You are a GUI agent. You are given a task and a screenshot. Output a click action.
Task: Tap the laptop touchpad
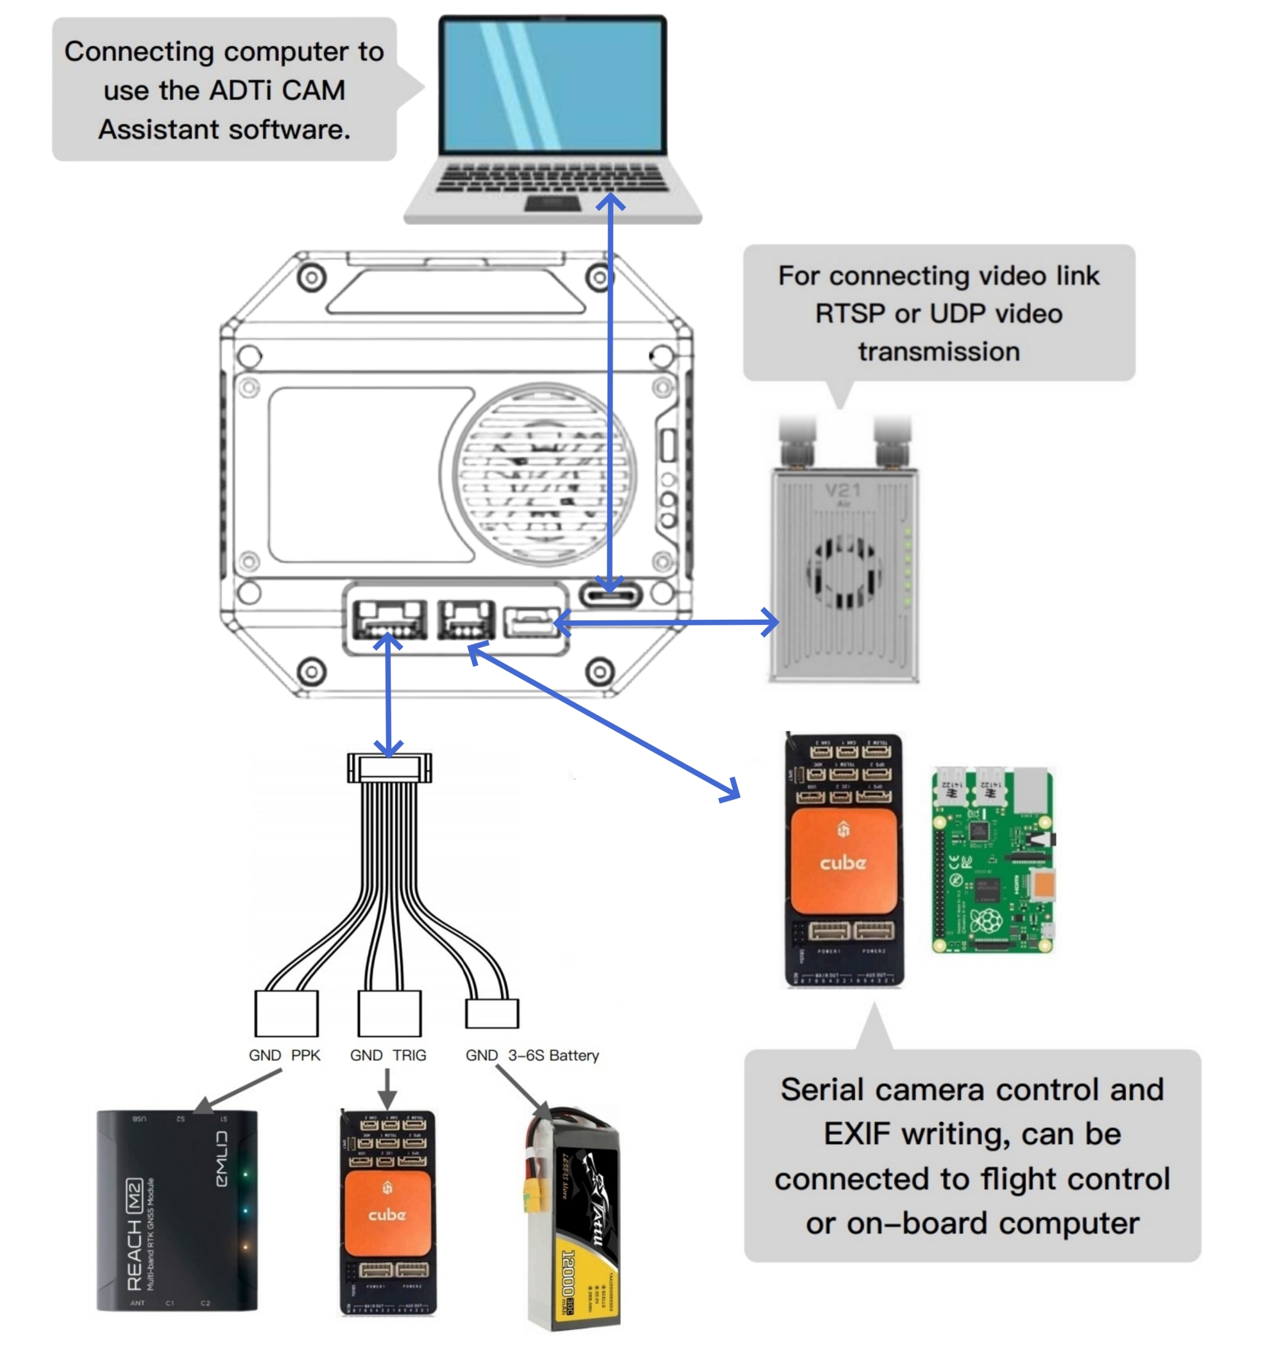[552, 203]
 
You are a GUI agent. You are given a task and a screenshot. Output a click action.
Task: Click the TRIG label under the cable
[409, 1055]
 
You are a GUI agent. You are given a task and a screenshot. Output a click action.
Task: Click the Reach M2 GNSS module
[177, 1210]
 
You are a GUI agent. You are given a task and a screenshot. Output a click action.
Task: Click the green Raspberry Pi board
[993, 860]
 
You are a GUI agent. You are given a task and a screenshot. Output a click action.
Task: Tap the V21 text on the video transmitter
[842, 490]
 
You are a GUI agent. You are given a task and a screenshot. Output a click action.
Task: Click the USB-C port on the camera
[611, 594]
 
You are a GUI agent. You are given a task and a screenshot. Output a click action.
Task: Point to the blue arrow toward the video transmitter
[667, 622]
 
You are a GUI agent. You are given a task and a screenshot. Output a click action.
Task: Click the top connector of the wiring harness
[389, 768]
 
